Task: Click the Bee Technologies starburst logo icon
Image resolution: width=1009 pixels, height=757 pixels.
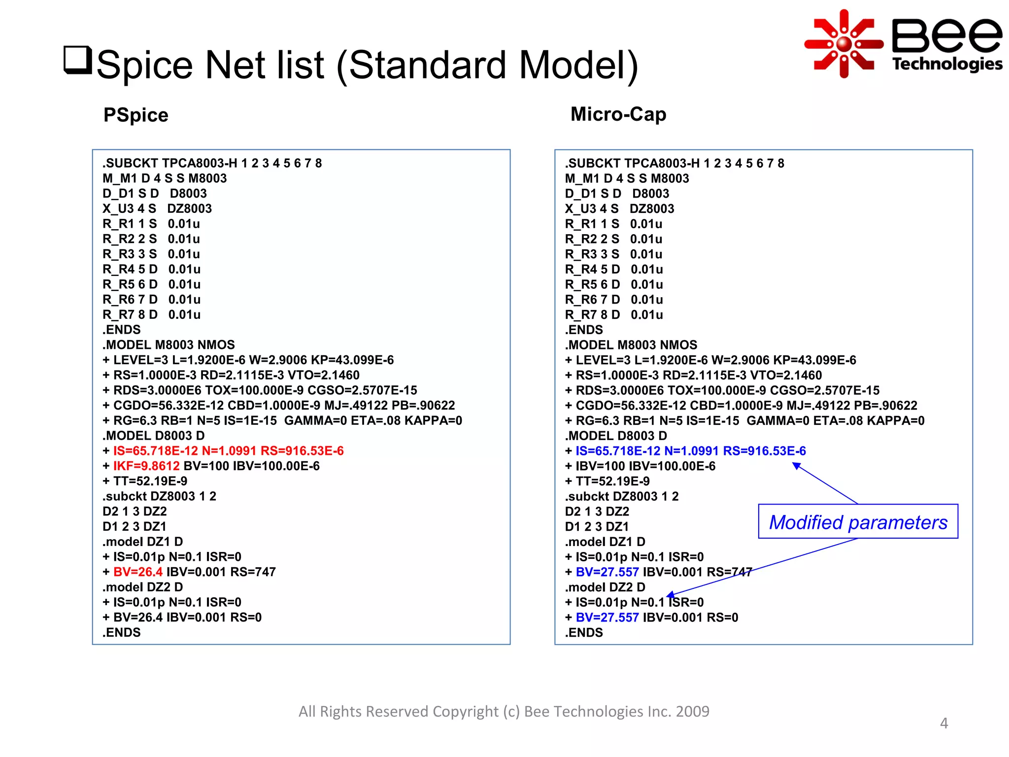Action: [844, 44]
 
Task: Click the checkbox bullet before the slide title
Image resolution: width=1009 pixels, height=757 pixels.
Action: [78, 60]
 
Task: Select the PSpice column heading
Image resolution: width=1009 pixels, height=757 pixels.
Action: [136, 115]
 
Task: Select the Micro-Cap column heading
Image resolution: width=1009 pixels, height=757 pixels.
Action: [618, 114]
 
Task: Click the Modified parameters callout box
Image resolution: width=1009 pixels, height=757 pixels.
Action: [858, 522]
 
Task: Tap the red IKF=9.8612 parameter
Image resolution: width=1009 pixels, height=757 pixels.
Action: [146, 466]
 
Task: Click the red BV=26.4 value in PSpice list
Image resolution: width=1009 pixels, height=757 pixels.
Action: [138, 572]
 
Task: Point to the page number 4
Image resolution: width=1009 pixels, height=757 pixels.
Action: [943, 723]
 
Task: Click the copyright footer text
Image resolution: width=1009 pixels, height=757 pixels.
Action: [504, 712]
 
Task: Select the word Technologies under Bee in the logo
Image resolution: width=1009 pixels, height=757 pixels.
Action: [947, 64]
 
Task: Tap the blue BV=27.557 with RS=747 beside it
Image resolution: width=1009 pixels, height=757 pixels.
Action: [607, 572]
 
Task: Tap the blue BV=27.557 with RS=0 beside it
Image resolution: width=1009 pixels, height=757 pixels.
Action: [607, 618]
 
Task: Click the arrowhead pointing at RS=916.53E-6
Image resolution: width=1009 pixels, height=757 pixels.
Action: [796, 465]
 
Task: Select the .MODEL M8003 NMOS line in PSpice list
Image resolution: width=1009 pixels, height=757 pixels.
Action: [169, 345]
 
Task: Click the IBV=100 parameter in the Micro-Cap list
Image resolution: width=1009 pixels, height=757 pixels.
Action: [600, 466]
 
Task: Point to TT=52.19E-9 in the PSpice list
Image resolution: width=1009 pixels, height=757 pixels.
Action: [150, 482]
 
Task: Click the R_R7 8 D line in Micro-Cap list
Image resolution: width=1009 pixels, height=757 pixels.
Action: [614, 315]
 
